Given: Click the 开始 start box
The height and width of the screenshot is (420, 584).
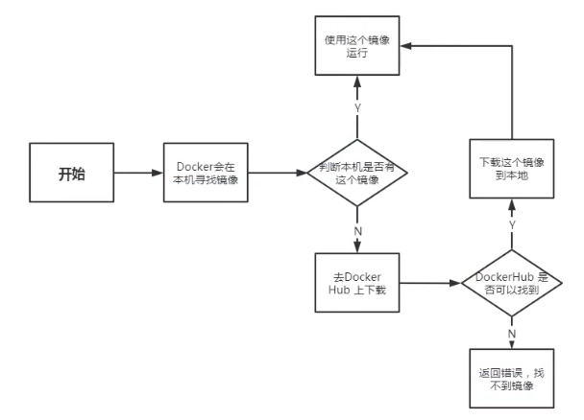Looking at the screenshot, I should (71, 174).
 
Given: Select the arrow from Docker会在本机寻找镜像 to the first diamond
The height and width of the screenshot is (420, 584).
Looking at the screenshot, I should (280, 174).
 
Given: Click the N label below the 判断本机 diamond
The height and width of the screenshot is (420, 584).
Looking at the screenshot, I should (357, 232).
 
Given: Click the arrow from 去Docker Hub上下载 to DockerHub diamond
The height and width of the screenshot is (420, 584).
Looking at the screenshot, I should (427, 285).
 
